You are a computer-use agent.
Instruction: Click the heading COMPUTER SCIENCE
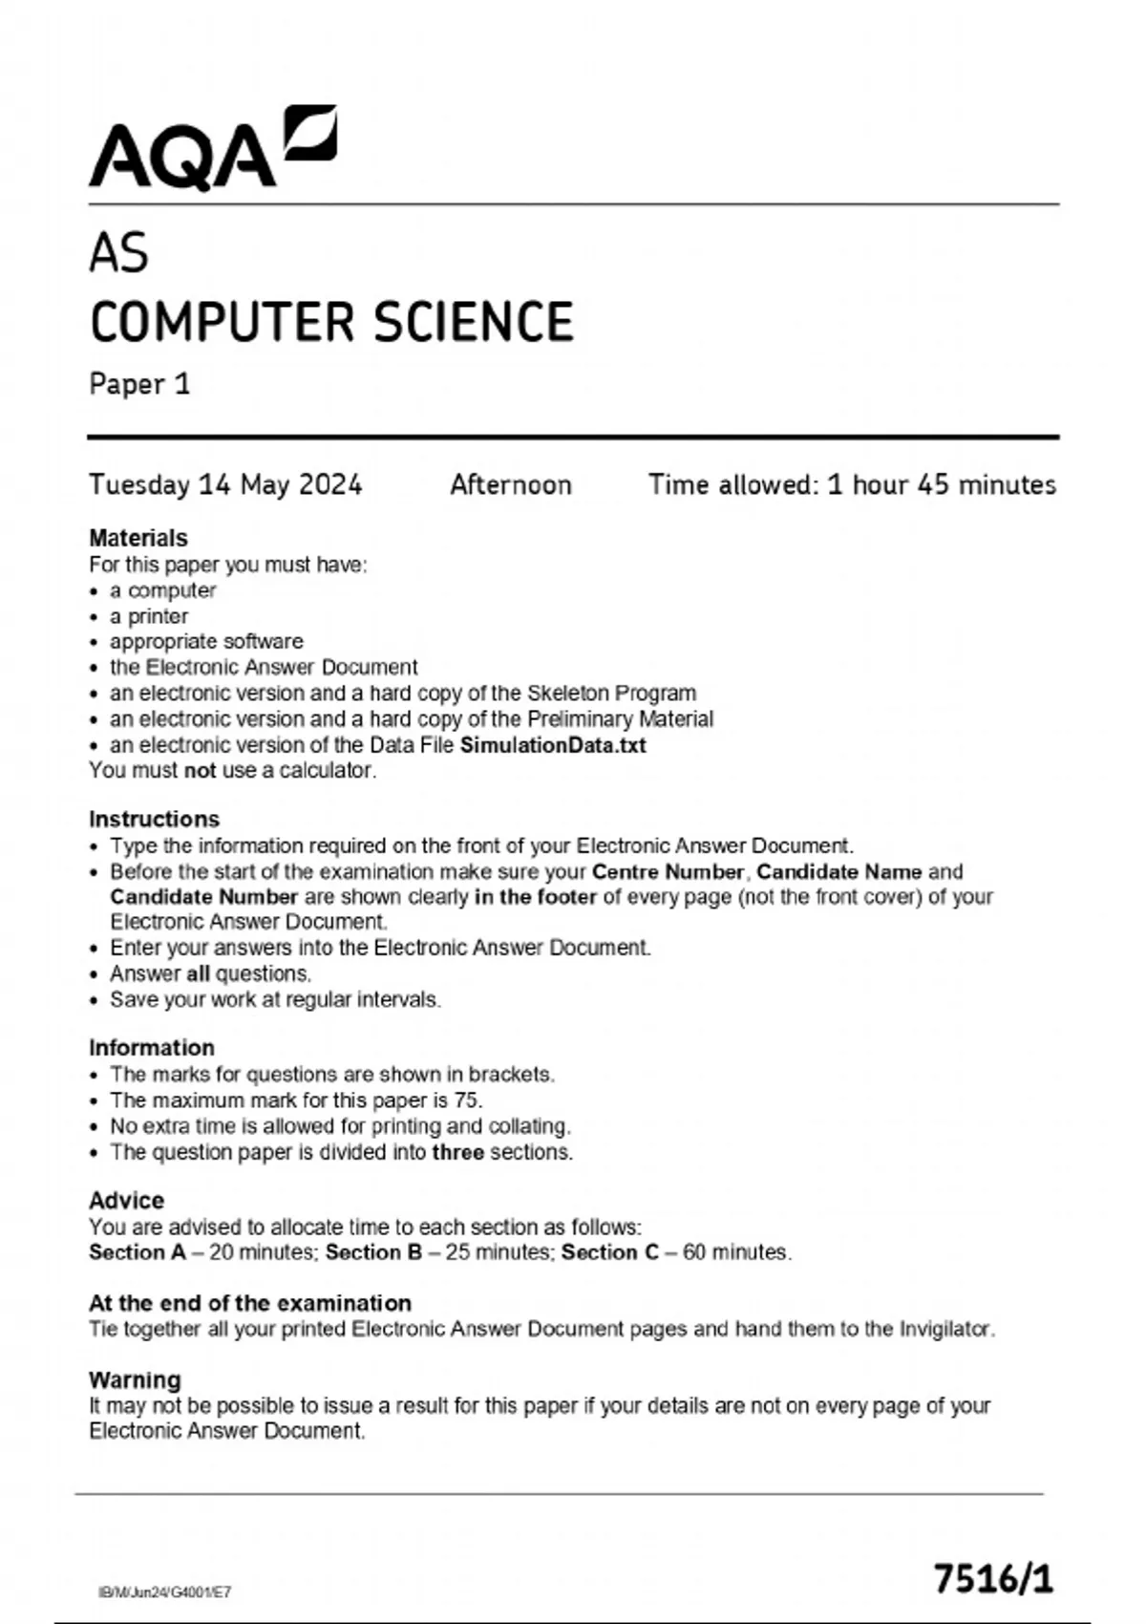click(x=331, y=322)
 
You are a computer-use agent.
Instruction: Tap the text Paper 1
click(x=139, y=384)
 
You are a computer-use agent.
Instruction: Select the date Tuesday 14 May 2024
click(x=225, y=485)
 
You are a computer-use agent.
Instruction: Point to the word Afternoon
click(x=511, y=485)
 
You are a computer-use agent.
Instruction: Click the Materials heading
click(x=138, y=538)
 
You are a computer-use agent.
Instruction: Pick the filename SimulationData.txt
click(x=553, y=745)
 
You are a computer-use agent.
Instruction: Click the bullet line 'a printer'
click(x=149, y=616)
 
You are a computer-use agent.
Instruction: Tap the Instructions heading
click(x=154, y=819)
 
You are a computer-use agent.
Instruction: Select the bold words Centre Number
click(x=668, y=871)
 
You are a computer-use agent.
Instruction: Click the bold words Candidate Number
click(x=204, y=897)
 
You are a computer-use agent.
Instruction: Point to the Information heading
click(x=152, y=1047)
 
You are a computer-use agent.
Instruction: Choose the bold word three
click(x=457, y=1152)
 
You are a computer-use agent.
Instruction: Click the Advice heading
click(x=126, y=1200)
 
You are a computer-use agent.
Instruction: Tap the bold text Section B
click(x=373, y=1252)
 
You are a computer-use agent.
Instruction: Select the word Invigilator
click(x=944, y=1329)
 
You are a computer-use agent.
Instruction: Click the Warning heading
click(x=135, y=1379)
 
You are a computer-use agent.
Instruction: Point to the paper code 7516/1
click(x=993, y=1578)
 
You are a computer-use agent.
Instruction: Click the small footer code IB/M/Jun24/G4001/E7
click(x=164, y=1592)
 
